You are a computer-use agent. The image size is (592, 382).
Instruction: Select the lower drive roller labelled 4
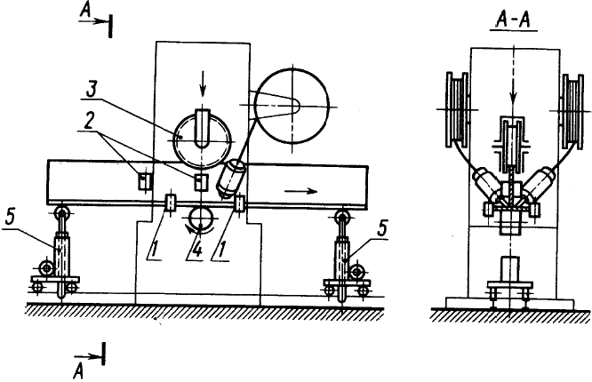199,218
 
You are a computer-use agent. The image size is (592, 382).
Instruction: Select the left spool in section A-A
455,111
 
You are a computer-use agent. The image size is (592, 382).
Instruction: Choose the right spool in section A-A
569,111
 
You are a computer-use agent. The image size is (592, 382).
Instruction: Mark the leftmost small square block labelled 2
141,181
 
